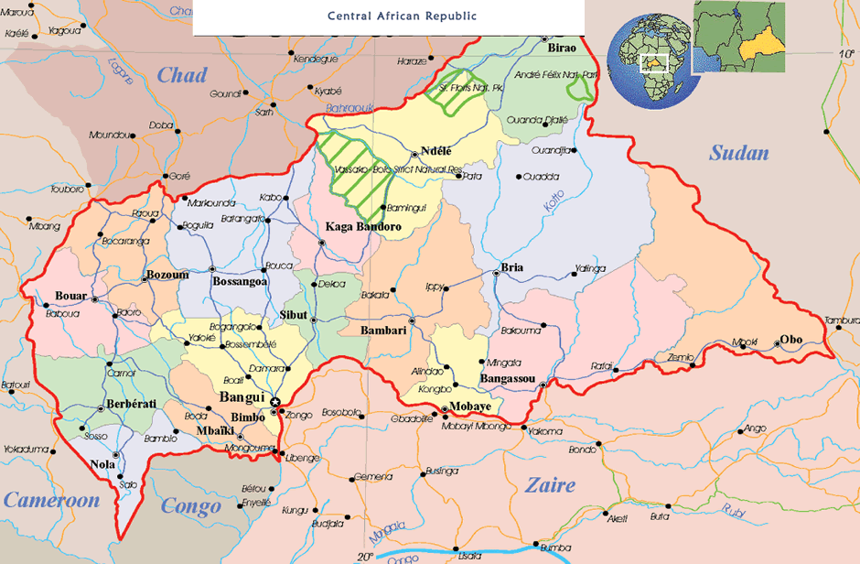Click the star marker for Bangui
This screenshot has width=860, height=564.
pos(274,401)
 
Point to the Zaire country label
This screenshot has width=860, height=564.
pos(550,484)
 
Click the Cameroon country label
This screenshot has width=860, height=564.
pos(50,500)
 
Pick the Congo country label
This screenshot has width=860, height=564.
pos(191,505)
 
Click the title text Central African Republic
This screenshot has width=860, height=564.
pos(390,16)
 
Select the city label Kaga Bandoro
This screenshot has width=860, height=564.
pos(364,226)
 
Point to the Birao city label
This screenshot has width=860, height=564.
pos(561,46)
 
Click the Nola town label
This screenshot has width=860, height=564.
pos(102,465)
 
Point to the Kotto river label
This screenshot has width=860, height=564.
pos(554,201)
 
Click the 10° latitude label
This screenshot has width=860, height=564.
pos(846,55)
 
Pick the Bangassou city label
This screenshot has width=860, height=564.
pos(507,377)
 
